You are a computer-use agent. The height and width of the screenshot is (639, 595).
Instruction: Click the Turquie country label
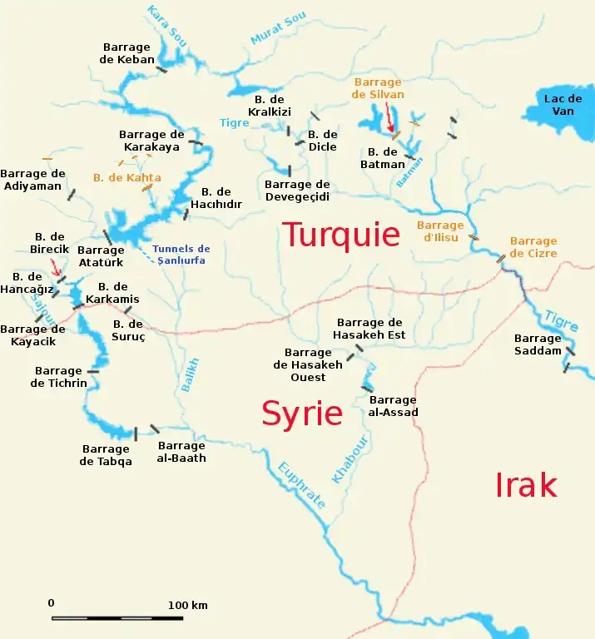click(341, 235)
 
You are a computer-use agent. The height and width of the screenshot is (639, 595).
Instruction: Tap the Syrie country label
click(302, 414)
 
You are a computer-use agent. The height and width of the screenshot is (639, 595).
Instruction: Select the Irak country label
click(526, 485)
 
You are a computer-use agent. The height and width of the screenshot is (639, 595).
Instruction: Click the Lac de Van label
click(558, 105)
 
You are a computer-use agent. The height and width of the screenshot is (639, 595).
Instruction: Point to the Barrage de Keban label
click(127, 53)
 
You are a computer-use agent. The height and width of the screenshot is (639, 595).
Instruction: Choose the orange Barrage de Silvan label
click(378, 88)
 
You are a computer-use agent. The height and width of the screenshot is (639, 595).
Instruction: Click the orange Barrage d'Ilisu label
click(440, 230)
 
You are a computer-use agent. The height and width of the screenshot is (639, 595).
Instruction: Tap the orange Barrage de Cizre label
click(533, 247)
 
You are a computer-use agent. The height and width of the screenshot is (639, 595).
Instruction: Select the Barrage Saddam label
click(538, 344)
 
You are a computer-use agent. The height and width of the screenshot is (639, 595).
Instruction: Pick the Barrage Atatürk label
click(101, 256)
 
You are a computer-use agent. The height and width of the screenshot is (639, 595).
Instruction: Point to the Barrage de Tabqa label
click(106, 455)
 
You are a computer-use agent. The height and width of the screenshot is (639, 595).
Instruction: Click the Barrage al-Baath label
click(181, 452)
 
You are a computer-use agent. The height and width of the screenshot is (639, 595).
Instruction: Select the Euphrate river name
click(300, 483)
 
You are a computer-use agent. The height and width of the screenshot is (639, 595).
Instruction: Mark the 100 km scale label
click(187, 605)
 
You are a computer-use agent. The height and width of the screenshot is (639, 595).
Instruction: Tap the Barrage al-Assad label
click(393, 406)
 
